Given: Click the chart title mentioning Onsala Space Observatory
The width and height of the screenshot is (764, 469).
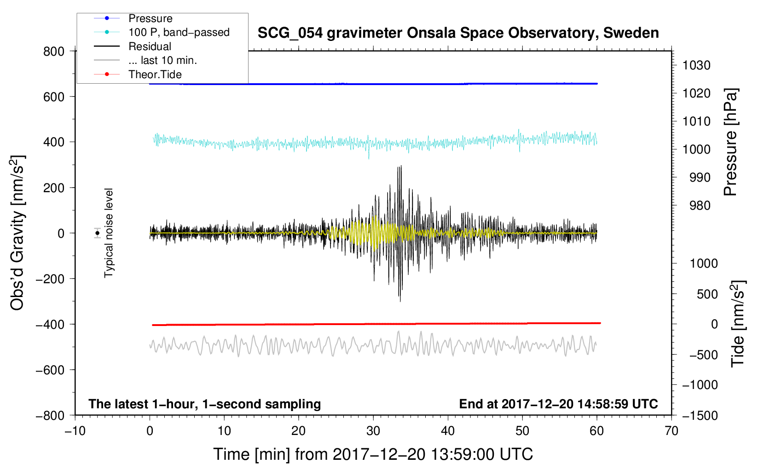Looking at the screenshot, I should click(458, 33).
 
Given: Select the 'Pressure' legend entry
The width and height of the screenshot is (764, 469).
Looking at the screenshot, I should click(150, 18).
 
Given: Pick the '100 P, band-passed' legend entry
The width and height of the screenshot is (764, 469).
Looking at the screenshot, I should click(179, 32).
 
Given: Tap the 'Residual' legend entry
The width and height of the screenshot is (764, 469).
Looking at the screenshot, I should click(150, 46).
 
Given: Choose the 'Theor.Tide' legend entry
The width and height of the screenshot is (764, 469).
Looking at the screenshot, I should click(155, 74).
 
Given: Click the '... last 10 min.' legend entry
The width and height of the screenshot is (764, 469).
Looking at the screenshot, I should click(162, 60).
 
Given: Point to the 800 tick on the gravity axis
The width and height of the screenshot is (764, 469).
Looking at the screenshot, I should click(54, 51).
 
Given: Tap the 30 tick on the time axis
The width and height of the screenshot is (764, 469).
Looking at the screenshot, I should click(373, 431).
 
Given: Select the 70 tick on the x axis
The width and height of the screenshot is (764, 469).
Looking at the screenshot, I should click(671, 431).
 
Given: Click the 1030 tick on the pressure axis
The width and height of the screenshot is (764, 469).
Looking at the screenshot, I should click(696, 65).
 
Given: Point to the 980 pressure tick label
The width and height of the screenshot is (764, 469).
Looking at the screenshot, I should click(700, 206).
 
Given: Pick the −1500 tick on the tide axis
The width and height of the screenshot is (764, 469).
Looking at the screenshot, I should click(700, 416).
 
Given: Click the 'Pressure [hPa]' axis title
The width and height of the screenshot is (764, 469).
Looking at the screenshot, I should click(731, 142).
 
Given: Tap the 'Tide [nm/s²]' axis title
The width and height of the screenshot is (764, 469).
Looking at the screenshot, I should click(738, 323).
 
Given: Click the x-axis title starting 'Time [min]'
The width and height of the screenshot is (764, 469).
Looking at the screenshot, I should click(373, 454).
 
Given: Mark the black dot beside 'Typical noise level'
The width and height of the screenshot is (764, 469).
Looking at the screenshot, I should click(97, 233).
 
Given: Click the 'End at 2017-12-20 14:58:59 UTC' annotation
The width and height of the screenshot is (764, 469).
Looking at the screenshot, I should click(558, 404).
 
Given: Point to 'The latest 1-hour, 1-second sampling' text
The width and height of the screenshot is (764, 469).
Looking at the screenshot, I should click(205, 404).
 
